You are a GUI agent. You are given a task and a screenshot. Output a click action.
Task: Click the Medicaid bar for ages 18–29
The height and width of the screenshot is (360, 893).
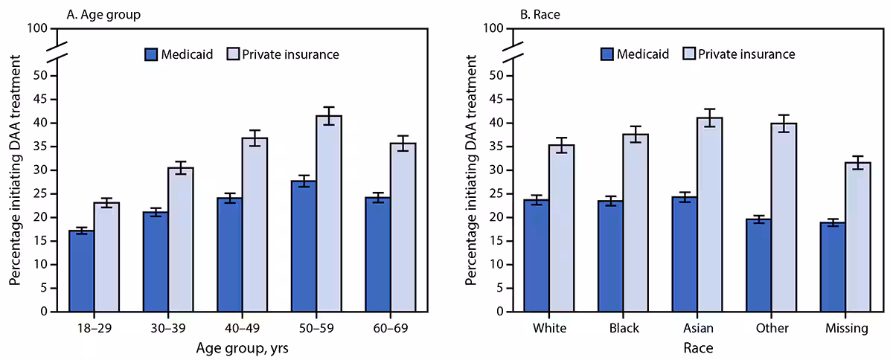81,271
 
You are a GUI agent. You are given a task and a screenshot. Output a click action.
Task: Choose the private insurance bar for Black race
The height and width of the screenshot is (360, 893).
636,222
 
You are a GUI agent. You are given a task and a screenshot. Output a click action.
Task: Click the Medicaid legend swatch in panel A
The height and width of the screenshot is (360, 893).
151,54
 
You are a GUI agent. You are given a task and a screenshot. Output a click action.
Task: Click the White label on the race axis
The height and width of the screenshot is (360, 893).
548,328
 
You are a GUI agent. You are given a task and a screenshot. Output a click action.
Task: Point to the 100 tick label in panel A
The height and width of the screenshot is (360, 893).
39,28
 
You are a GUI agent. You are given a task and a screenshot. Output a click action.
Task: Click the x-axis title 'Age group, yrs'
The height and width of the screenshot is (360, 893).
242,347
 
